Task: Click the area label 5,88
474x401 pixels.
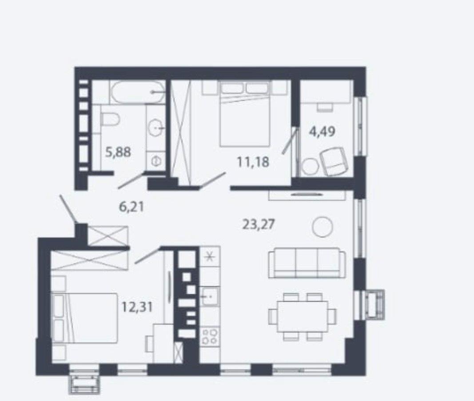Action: point(118,152)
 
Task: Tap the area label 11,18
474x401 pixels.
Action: point(253,162)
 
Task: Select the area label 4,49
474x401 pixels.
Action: point(322,132)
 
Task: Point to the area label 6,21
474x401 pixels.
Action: point(131,207)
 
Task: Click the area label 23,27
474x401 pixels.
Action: point(259,225)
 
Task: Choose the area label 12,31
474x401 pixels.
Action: point(137,308)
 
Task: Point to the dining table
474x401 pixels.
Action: point(302,316)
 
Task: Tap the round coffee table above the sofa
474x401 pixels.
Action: point(323,227)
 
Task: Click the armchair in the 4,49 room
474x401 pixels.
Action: point(335,161)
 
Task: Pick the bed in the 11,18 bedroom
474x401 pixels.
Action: point(245,113)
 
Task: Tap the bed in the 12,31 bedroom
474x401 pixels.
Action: point(85,318)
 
